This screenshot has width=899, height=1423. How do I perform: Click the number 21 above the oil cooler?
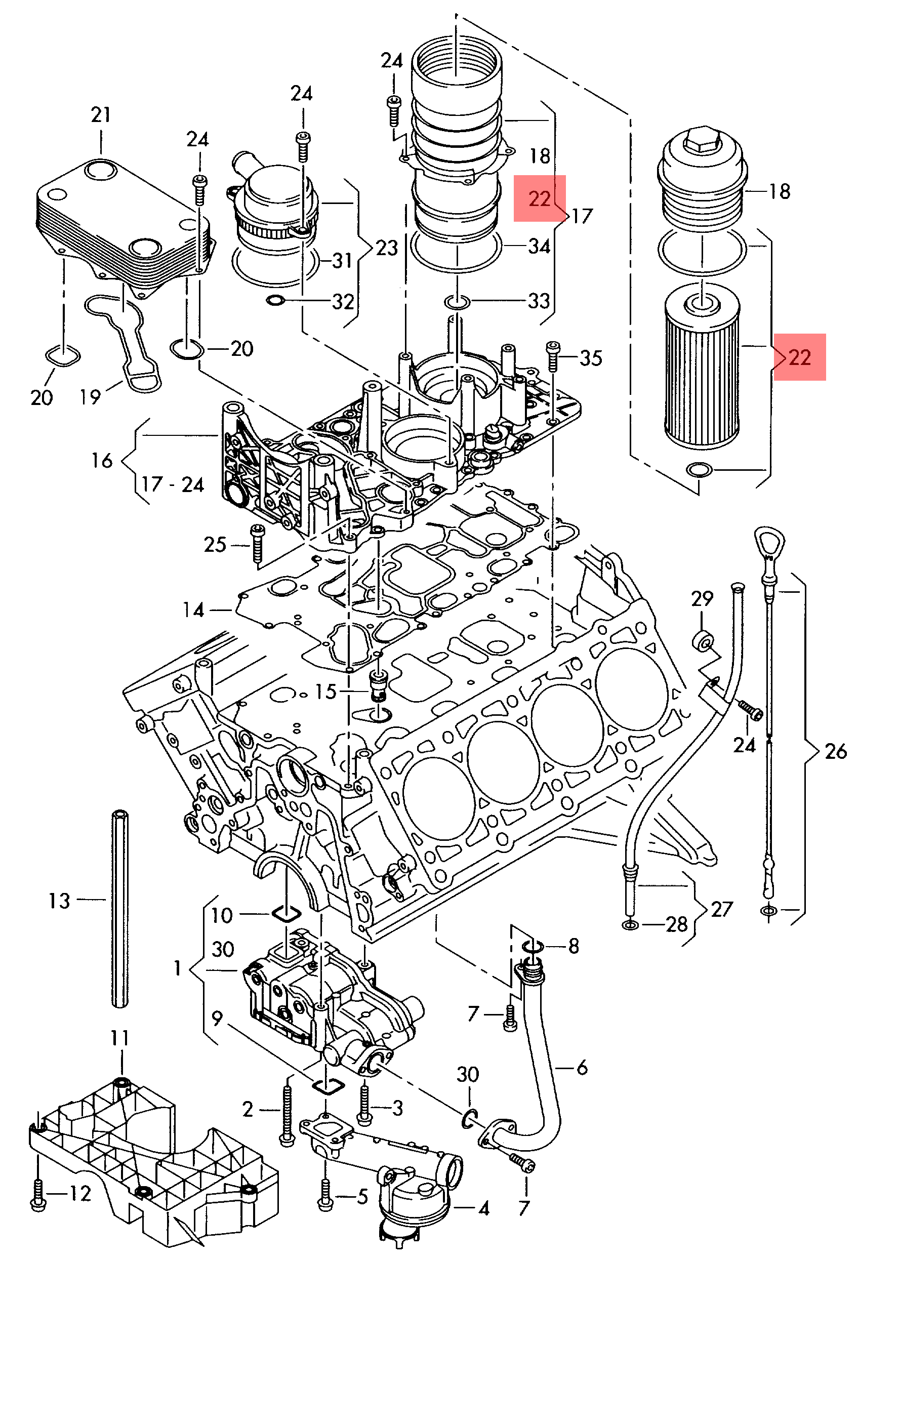coord(101,114)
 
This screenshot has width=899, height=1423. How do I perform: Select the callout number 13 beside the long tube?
coord(59,901)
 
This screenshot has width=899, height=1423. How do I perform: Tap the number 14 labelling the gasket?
coord(193,609)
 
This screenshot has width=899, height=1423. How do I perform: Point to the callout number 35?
coord(590,357)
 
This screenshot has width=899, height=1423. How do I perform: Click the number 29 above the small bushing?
coord(702,599)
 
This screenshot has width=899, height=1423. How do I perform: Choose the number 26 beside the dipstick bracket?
coord(836,751)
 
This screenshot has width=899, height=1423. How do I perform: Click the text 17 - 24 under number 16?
coord(173,484)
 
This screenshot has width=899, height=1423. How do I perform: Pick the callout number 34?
coord(539,246)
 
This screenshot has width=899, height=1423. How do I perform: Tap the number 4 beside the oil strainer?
coord(484,1221)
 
